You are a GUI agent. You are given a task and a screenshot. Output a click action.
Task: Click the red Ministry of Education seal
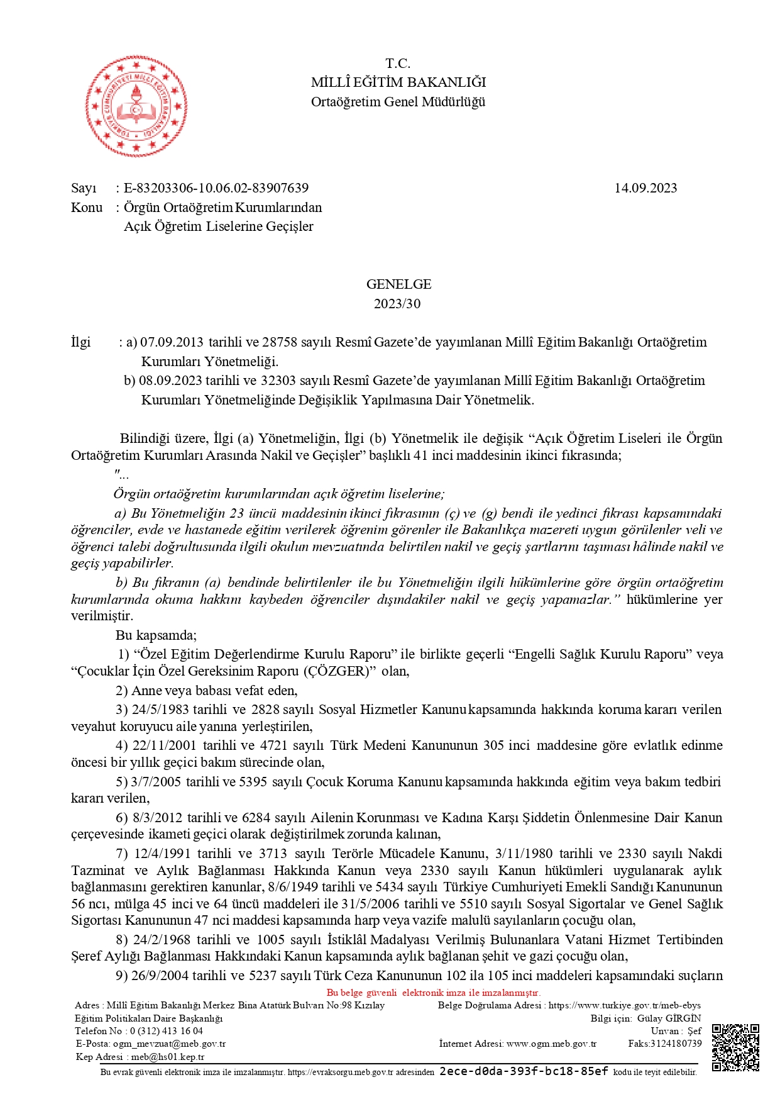tap(136, 106)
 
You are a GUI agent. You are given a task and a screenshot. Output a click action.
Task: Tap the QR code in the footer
tap(735, 1047)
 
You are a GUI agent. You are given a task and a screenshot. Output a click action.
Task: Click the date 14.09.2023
tap(645, 188)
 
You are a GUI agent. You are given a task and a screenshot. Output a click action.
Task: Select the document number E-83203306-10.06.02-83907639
tap(216, 188)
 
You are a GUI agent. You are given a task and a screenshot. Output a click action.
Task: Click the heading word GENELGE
tap(398, 284)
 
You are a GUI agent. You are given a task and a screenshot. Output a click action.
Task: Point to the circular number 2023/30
tap(397, 304)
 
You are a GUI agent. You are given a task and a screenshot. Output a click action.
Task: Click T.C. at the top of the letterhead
tap(398, 64)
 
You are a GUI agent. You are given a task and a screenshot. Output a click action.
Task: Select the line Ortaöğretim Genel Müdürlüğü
tap(398, 102)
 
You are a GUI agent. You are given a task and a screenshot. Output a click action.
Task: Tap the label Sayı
tap(84, 188)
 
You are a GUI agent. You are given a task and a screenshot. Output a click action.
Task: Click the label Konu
tap(87, 208)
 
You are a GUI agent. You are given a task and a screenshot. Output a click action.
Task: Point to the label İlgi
tap(81, 342)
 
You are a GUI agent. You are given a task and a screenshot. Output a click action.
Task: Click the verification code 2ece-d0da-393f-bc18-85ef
tap(524, 1071)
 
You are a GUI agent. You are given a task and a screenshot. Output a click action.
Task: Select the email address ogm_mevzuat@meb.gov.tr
tap(169, 1044)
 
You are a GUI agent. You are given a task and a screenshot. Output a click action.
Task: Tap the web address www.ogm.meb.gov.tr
tap(551, 1044)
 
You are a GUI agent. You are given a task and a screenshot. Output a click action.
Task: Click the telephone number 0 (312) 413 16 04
tap(167, 1030)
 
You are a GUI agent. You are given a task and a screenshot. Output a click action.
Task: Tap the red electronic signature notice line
tap(433, 993)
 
